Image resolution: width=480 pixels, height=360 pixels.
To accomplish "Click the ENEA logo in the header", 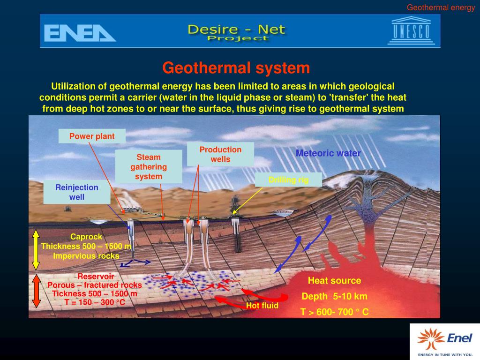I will [79, 33].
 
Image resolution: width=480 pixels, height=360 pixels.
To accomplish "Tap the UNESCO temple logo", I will [411, 30].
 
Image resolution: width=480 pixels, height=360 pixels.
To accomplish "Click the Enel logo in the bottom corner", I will [444, 341].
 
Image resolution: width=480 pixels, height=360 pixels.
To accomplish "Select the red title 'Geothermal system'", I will [236, 68].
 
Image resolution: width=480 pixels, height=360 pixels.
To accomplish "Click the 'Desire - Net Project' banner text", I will [236, 32].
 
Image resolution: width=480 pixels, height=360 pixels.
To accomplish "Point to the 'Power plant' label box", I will [92, 136].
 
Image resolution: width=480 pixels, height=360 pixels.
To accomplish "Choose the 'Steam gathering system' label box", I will [149, 167].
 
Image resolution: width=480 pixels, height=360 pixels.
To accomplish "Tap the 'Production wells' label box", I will [220, 154].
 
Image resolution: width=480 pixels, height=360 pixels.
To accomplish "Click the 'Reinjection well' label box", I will [77, 192].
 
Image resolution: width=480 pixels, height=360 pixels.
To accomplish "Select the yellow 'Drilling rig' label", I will [288, 180].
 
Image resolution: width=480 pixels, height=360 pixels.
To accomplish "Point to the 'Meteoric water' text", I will [328, 153].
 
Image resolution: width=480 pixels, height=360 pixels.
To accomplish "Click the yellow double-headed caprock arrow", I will [36, 250].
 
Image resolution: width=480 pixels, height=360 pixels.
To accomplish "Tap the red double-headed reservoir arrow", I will [36, 291].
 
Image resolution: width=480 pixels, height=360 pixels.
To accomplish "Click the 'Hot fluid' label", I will [262, 306].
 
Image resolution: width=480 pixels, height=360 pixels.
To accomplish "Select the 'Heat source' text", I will [334, 281].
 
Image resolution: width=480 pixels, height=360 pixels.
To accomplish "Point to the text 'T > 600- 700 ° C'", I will [334, 311].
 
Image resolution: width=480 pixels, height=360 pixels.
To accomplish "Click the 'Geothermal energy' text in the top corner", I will [441, 7].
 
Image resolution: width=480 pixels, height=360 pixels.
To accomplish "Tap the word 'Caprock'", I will [86, 237].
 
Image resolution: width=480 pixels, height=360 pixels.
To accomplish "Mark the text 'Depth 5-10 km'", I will [334, 296].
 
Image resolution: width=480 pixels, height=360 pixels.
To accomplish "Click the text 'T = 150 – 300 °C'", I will [95, 302].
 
